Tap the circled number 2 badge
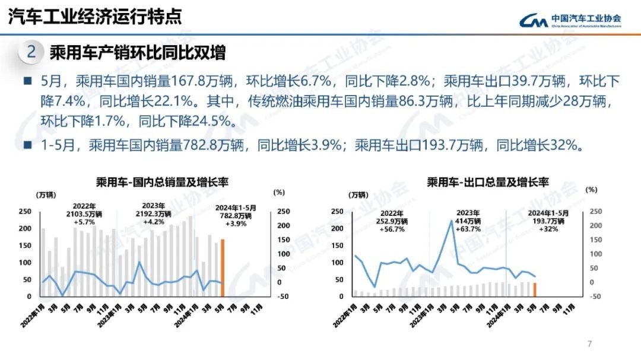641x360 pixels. (31, 53)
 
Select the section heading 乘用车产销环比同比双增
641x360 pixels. (137, 53)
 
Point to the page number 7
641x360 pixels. (589, 343)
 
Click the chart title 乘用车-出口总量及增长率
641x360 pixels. (487, 182)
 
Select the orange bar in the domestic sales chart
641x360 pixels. (223, 267)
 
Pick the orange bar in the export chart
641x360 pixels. (535, 289)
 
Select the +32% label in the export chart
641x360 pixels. (548, 229)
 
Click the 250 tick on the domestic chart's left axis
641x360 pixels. (26, 212)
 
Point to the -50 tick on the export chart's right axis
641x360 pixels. (595, 297)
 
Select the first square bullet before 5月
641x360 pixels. (27, 81)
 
